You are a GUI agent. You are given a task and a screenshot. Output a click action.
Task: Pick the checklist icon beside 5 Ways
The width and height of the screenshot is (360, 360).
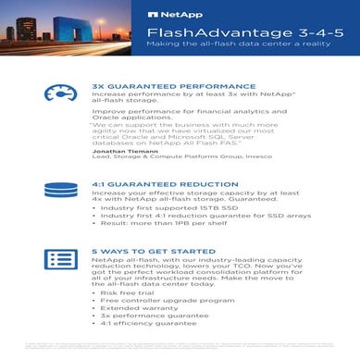pyautogui.click(x=59, y=260)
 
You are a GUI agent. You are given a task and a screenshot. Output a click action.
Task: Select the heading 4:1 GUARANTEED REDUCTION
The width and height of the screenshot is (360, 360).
pyautogui.click(x=154, y=184)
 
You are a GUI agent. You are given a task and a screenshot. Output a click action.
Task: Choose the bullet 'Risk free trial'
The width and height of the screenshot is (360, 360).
pyautogui.click(x=126, y=292)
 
